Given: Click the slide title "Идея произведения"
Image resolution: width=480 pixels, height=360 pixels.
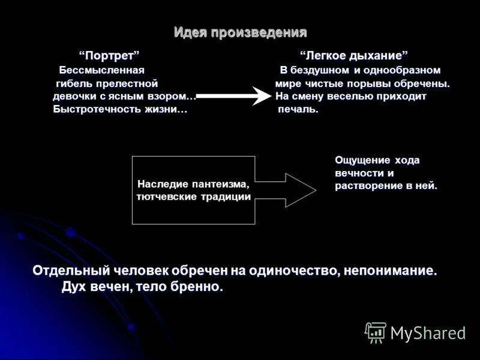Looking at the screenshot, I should click(240, 32).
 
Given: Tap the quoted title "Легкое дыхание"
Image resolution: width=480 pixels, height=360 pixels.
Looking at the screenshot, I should click(354, 55).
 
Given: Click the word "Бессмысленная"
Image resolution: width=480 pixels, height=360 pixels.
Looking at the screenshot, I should click(102, 70).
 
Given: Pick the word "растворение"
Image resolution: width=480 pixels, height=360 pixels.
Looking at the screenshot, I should click(365, 186).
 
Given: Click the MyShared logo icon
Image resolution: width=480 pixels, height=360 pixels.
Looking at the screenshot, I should click(376, 332).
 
